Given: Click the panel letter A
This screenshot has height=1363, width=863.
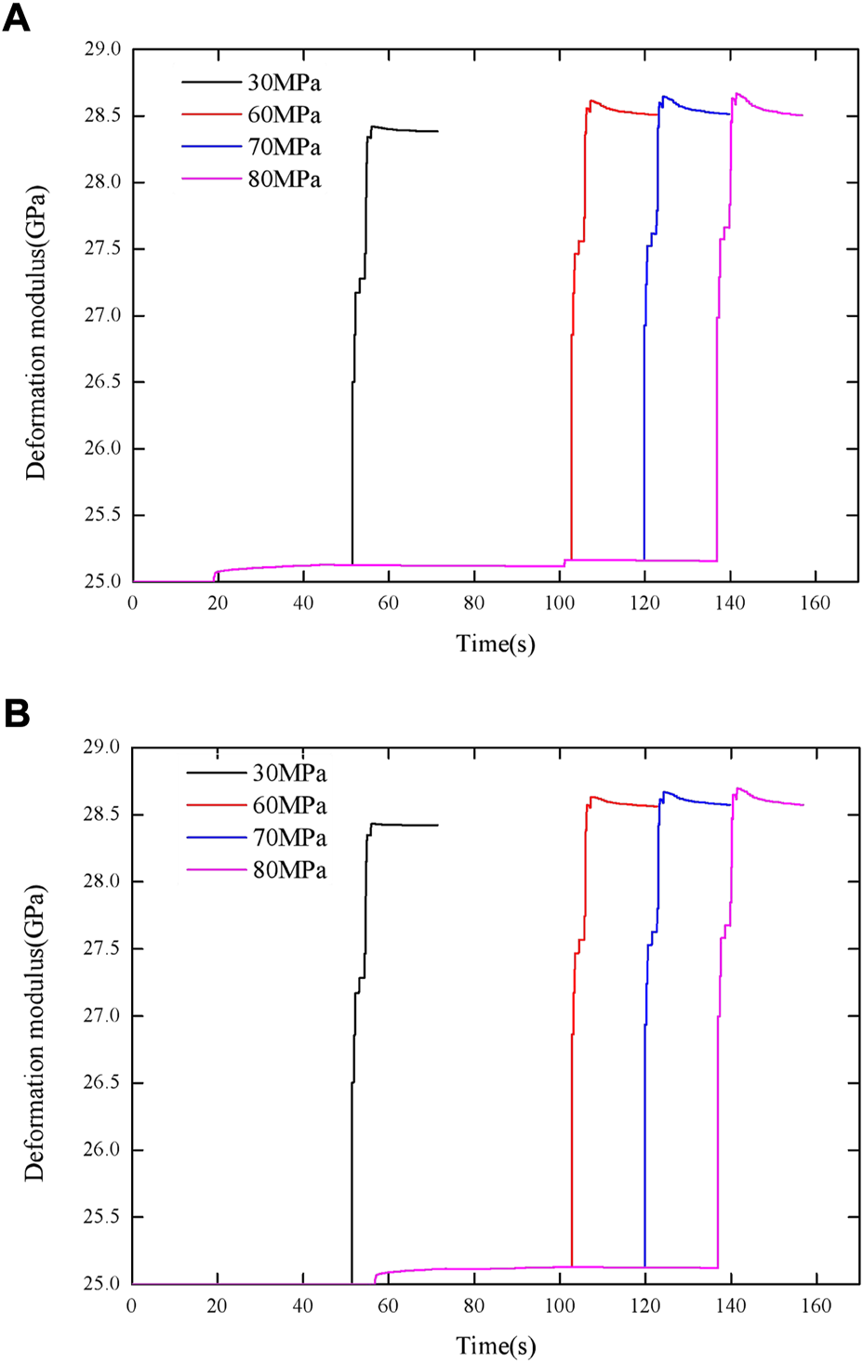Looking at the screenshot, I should click(17, 18).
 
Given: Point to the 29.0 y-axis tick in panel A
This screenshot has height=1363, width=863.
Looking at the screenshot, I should click(102, 49).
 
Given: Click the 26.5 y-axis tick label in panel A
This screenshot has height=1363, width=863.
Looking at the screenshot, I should click(102, 382).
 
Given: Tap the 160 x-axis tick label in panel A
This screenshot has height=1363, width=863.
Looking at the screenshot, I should click(815, 603).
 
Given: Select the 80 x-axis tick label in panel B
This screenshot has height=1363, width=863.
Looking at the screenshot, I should click(474, 1305).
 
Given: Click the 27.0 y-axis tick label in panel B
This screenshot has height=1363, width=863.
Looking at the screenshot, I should click(102, 1016).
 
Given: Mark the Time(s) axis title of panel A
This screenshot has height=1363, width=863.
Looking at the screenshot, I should click(496, 643).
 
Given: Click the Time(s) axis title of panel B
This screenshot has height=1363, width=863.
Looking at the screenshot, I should click(496, 1345).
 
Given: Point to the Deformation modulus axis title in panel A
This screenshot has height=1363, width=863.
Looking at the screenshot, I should click(35, 333).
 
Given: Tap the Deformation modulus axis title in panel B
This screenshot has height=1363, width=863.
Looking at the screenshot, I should click(35, 1033).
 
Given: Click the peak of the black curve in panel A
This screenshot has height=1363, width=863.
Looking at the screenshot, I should click(372, 126).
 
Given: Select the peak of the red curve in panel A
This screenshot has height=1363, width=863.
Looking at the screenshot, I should click(591, 100).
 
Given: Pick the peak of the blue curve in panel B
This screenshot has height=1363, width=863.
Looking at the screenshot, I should click(665, 792).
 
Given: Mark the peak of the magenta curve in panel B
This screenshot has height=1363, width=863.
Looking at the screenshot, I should click(738, 788).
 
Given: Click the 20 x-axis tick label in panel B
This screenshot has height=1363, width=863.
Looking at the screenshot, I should click(217, 1305).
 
